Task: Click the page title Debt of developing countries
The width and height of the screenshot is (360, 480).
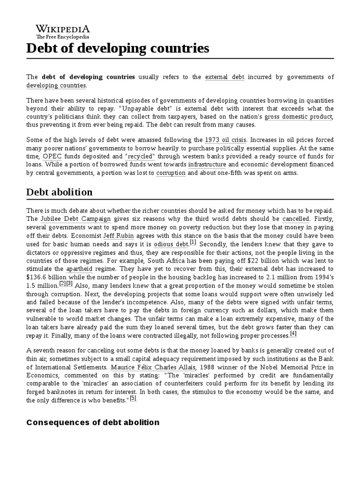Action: pos(118,48)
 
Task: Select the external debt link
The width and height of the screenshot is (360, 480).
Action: pos(225,77)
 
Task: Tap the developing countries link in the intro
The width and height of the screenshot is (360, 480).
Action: pos(56,85)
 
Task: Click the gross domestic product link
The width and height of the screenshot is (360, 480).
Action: pos(298,117)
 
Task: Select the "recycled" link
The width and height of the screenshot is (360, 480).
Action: pos(141,156)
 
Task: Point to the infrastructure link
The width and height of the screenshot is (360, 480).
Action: pos(207,165)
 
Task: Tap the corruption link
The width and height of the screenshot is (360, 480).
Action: pos(171,173)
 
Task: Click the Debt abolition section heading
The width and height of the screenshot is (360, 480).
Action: pos(60,193)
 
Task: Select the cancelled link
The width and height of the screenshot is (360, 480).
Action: pos(296,219)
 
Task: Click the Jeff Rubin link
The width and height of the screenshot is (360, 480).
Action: pos(115,236)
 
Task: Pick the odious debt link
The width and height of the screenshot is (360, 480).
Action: pos(171,244)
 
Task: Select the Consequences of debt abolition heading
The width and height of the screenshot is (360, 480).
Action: pos(93,422)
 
